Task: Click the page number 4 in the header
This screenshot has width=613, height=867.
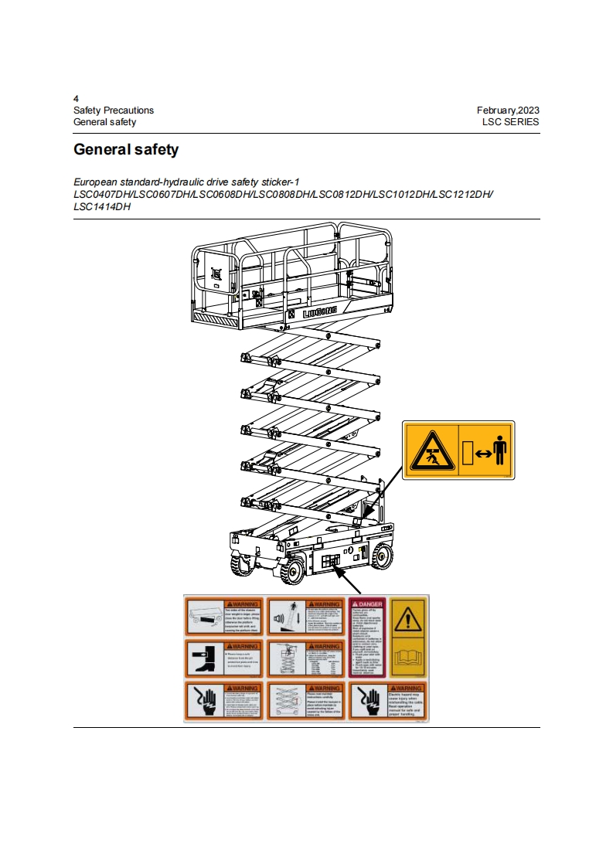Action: pos(76,99)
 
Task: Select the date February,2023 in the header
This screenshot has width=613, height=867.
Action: pos(508,110)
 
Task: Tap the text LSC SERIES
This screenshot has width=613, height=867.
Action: pos(510,122)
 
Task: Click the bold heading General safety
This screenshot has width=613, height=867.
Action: pos(126,149)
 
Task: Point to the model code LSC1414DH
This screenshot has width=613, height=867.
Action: pos(102,207)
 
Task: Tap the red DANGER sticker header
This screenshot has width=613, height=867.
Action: pos(367,603)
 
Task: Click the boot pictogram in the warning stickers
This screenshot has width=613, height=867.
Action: pos(203,658)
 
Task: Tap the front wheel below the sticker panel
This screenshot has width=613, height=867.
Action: pos(292,573)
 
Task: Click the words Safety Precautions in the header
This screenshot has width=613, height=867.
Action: pos(114,110)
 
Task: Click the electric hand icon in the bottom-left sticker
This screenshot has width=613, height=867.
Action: pos(203,702)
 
